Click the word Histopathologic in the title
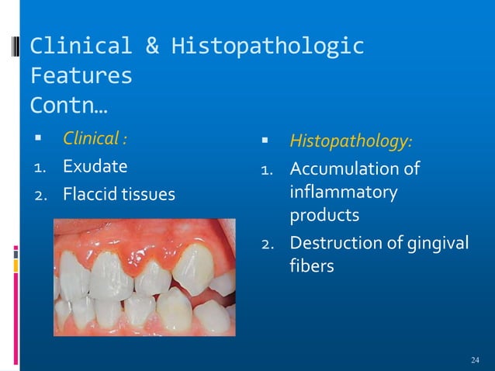[268, 47]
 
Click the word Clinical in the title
[78, 47]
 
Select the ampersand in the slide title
[152, 47]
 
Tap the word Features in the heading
[80, 76]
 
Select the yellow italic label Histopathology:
[351, 142]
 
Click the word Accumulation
[343, 168]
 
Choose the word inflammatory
[343, 190]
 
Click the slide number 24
[476, 359]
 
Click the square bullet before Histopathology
[265, 142]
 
